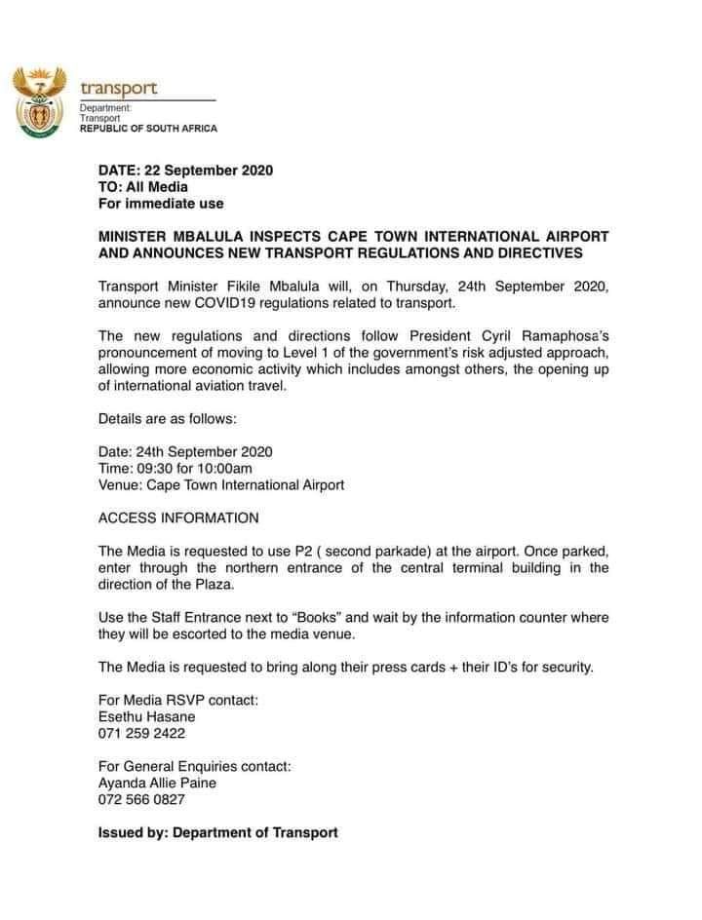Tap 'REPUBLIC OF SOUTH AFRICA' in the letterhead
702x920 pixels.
click(x=148, y=129)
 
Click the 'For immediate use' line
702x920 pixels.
click(x=161, y=204)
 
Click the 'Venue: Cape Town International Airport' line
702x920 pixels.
click(x=221, y=484)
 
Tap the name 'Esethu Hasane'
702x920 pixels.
click(x=141, y=716)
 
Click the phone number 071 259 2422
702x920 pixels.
click(x=141, y=733)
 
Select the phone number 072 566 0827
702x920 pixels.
click(x=141, y=799)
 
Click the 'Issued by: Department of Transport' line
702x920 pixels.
click(x=218, y=832)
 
